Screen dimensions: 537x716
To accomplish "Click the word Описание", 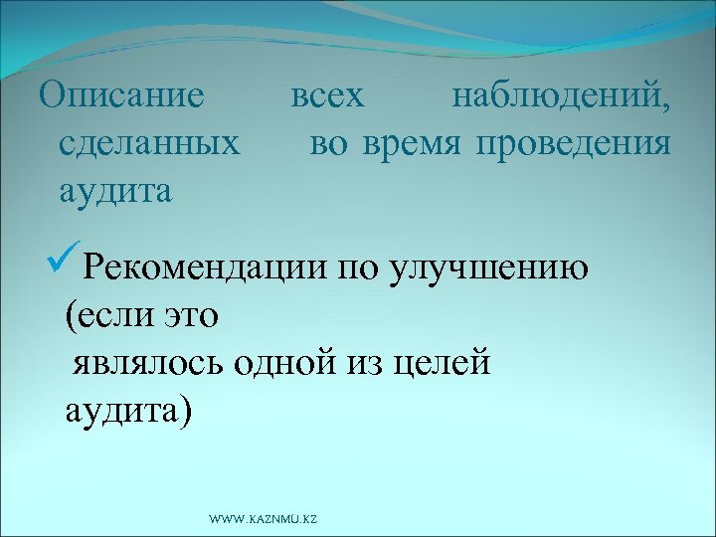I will (120, 97).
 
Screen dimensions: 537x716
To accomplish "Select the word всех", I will (327, 97).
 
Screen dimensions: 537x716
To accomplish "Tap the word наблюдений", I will (561, 97).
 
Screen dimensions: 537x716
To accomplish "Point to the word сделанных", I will (149, 143).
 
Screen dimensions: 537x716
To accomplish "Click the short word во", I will (329, 143).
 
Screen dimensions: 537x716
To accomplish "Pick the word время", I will (411, 143).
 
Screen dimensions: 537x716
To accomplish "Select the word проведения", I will (573, 143).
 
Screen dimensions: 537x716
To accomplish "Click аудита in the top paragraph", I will (115, 189).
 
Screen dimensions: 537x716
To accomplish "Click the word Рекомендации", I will (205, 269).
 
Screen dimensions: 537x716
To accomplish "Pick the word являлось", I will (149, 362).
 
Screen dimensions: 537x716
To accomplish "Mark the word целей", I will (444, 362).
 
